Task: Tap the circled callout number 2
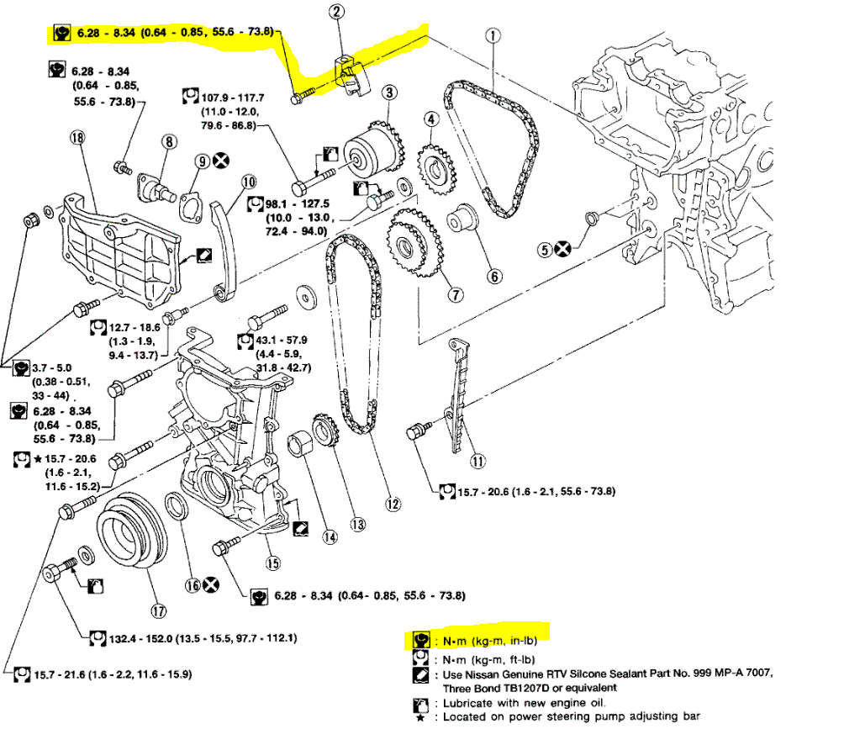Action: pos(337,13)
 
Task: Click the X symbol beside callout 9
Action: pos(222,161)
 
